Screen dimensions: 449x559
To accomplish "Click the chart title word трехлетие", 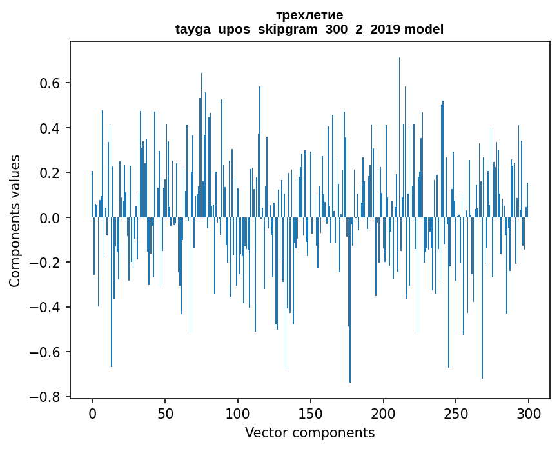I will (309, 15).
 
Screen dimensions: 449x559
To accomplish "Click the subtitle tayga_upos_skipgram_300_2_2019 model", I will (309, 29).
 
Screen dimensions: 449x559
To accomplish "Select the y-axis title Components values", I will (15, 221).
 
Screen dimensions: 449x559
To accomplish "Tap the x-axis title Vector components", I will (309, 432).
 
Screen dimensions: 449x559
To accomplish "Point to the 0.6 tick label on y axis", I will (50, 83).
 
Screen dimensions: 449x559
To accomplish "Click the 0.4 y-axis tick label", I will (50, 128).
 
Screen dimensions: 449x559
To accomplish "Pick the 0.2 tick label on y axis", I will (50, 173).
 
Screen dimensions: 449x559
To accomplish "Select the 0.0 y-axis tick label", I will (50, 218).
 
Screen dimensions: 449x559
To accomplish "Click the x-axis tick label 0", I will (92, 412).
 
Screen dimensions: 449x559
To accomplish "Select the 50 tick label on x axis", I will (165, 412).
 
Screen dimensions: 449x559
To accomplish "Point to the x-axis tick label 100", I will (238, 412).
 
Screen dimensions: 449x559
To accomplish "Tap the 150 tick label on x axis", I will (311, 412).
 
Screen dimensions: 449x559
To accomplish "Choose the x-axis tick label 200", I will (384, 412).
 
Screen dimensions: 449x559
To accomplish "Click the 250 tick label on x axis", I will (456, 412).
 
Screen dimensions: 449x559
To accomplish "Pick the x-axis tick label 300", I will (529, 412).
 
